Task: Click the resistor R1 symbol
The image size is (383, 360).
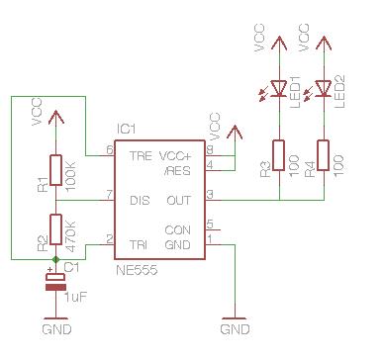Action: (x=55, y=170)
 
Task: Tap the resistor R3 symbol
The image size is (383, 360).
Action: (x=279, y=155)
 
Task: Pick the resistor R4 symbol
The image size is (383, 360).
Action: (x=324, y=155)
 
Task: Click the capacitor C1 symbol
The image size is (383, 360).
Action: (x=55, y=284)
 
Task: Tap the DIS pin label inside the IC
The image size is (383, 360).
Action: (x=141, y=200)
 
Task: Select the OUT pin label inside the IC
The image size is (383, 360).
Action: (x=179, y=200)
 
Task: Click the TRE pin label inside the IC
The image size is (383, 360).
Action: (x=142, y=156)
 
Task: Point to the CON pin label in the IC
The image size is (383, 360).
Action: (x=179, y=229)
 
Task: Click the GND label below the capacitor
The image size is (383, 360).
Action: (x=56, y=327)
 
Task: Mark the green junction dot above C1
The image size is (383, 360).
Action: (x=55, y=259)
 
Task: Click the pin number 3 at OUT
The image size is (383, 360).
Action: (x=209, y=194)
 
